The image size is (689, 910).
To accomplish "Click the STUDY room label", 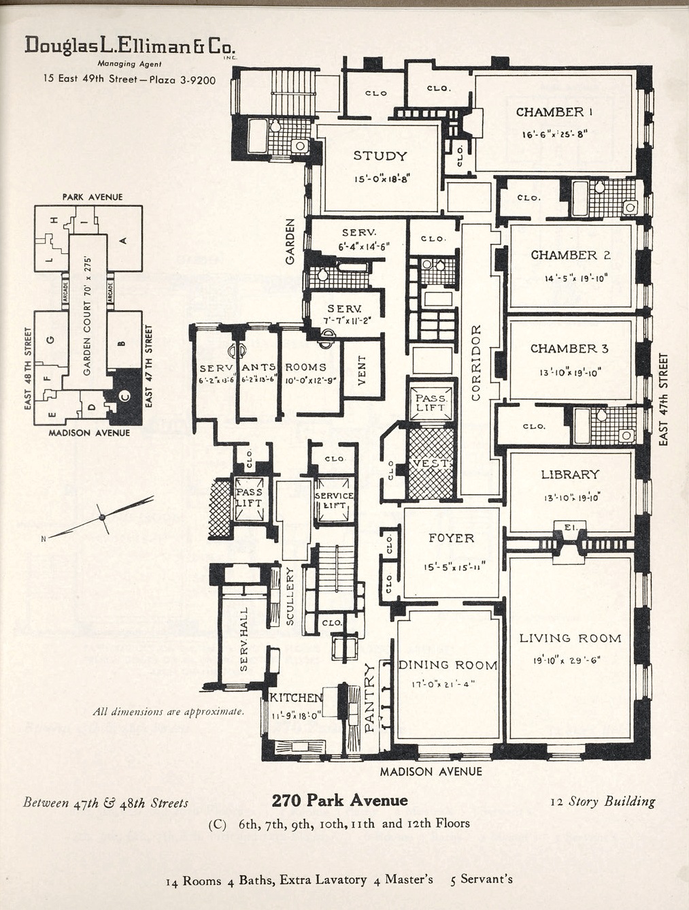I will click(x=380, y=156).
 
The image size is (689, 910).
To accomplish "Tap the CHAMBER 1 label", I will click(x=554, y=112).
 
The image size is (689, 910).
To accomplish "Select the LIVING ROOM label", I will click(x=570, y=638).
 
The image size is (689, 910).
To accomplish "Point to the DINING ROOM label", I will click(x=448, y=665).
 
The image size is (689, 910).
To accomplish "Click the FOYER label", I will click(x=451, y=538).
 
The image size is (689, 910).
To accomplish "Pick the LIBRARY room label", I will click(x=570, y=474).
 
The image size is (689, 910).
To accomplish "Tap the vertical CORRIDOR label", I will click(x=476, y=362).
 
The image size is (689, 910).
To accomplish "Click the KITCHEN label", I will click(x=296, y=698).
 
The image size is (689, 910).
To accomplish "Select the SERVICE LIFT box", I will click(x=334, y=501).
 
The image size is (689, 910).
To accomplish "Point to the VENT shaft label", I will click(x=361, y=370).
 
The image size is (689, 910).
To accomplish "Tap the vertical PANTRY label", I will click(x=370, y=698).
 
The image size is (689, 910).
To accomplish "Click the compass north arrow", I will click(x=102, y=518).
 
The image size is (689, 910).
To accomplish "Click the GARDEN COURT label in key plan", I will click(x=87, y=320).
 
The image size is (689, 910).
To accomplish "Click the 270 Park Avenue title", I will click(x=339, y=800).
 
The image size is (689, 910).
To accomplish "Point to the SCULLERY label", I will click(x=290, y=596).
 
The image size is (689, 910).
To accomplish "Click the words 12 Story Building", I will click(x=603, y=801).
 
